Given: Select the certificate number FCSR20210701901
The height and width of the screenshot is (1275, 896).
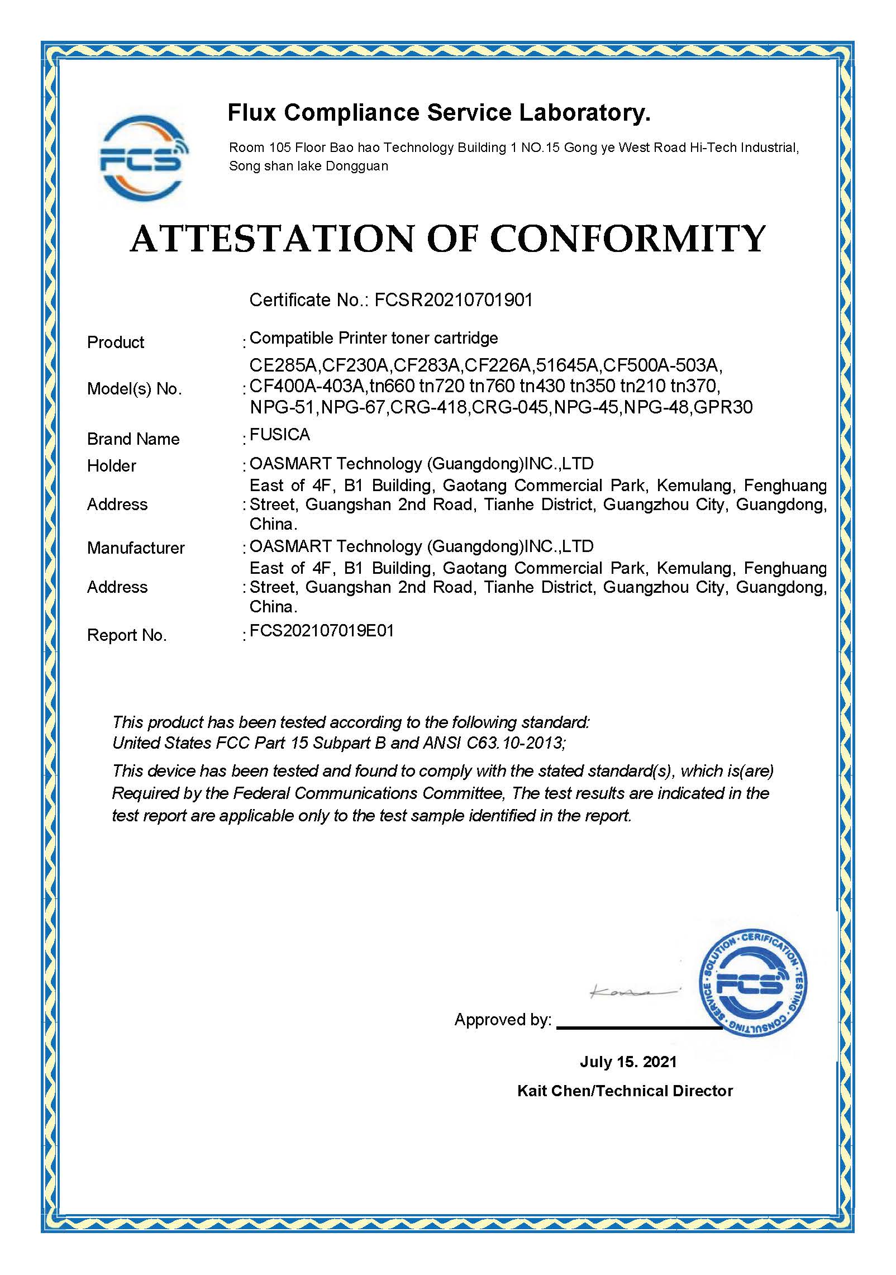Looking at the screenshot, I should click(453, 301).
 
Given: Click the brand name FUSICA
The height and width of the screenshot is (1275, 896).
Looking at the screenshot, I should click(279, 434).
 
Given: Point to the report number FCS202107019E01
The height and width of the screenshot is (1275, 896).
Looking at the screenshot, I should click(322, 631).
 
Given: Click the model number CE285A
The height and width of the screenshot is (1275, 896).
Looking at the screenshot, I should click(284, 366).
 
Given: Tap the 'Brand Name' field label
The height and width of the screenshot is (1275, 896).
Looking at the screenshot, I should click(133, 439).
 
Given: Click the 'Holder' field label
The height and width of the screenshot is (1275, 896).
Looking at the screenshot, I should click(112, 465).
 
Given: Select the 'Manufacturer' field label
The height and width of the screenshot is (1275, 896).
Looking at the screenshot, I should click(136, 548).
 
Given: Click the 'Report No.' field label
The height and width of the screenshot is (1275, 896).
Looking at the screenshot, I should click(127, 635).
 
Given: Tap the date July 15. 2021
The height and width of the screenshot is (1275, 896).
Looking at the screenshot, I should click(627, 1062).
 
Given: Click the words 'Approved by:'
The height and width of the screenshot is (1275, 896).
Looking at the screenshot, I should click(502, 1020).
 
